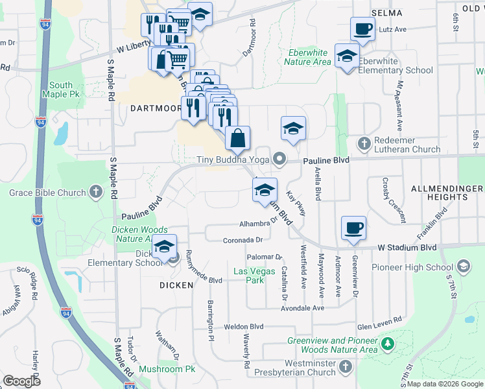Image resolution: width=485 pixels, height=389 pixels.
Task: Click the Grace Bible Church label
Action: pyautogui.click(x=47, y=193)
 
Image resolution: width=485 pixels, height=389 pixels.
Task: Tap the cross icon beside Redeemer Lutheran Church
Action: pyautogui.click(x=364, y=143)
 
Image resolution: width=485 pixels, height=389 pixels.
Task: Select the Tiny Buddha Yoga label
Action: pyautogui.click(x=235, y=159)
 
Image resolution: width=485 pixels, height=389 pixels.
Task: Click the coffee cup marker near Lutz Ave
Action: pyautogui.click(x=362, y=29)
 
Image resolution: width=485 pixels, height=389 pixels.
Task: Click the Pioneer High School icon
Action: pyautogui.click(x=464, y=266)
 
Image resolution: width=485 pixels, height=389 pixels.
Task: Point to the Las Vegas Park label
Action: pyautogui.click(x=249, y=276)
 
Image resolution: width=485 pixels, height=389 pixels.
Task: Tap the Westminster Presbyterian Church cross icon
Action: pyautogui.click(x=346, y=368)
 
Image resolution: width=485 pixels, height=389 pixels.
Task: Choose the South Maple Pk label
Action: pyautogui.click(x=61, y=90)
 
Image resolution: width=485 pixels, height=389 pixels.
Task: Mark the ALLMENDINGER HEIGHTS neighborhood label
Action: pyautogui.click(x=447, y=193)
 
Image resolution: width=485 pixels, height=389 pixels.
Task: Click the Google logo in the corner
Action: pyautogui.click(x=22, y=381)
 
